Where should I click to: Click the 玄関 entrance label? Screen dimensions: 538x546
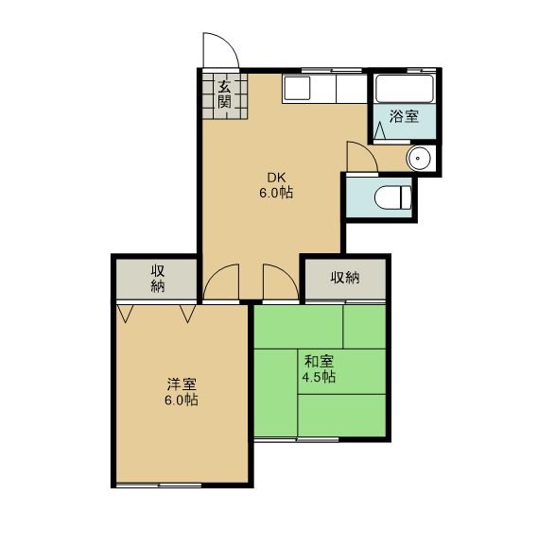[x=224, y=94]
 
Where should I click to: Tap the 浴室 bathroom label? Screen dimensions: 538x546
[x=404, y=116]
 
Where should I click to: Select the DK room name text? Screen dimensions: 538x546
[x=276, y=178]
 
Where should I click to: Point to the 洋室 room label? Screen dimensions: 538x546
[x=182, y=384]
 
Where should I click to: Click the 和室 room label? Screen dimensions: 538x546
[x=319, y=362]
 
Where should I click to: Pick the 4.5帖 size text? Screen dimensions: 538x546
[x=319, y=377]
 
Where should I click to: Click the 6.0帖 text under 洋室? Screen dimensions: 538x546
[x=182, y=401]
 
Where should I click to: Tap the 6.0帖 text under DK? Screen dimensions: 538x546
[x=276, y=193]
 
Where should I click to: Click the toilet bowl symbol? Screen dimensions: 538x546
[x=393, y=197]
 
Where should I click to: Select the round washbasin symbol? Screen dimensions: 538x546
[x=418, y=159]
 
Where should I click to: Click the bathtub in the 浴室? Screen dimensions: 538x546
[x=404, y=89]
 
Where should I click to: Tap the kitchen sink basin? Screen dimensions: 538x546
[x=297, y=88]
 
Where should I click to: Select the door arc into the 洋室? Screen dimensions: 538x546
[x=214, y=275]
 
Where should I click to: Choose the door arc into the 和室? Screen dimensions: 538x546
[x=289, y=275]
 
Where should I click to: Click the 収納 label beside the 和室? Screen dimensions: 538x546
[x=345, y=278]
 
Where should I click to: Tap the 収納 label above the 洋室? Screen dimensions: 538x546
[x=158, y=279]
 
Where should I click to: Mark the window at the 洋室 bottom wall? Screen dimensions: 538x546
[x=159, y=485]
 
